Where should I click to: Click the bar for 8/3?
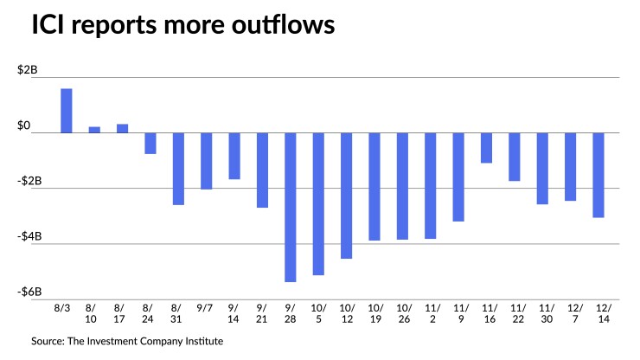coord(66,111)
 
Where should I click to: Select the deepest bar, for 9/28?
coord(290,207)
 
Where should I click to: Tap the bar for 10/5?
coord(318,203)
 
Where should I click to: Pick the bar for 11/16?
coord(487,148)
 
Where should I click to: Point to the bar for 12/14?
coord(598,175)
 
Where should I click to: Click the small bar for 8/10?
coord(94,130)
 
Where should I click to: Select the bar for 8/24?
coord(150,143)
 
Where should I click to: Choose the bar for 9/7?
coord(206,161)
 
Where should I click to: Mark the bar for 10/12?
coord(346,196)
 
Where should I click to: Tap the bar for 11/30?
coord(542,168)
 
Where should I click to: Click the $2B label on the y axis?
coord(27,71)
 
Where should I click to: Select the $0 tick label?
coord(30,127)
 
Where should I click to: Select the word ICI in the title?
coord(53,25)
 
